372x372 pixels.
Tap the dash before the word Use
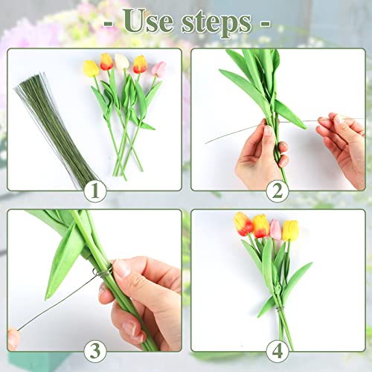point(110,22)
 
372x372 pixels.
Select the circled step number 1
point(94,191)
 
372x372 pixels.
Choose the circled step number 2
point(278,191)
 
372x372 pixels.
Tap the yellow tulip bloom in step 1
point(91,68)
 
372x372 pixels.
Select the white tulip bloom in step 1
point(121,62)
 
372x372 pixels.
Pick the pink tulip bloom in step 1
point(158,68)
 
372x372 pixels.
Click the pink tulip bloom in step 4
point(275,228)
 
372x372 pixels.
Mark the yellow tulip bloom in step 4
point(291,230)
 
